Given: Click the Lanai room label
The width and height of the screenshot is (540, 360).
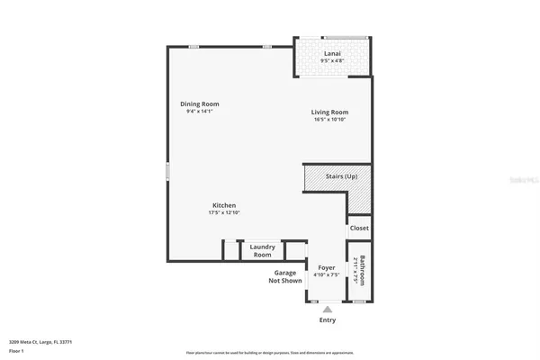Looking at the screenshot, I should [332, 54].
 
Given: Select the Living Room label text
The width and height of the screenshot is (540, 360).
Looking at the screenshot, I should [331, 112].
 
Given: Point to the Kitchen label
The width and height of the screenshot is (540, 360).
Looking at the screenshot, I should [225, 204].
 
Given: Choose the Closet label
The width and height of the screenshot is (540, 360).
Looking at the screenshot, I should [360, 228].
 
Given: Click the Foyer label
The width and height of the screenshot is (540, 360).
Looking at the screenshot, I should [326, 267].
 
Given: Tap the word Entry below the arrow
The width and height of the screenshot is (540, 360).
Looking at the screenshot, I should [327, 319].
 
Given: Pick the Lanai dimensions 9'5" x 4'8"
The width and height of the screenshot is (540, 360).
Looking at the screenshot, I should [332, 61].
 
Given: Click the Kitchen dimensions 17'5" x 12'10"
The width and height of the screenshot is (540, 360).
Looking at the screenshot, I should [225, 212].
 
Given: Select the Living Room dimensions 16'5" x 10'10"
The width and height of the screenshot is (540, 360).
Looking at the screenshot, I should [331, 120].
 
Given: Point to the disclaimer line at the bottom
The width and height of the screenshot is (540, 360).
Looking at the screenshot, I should [270, 352].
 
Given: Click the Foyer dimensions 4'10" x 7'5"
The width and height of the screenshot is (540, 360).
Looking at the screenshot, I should [326, 274].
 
